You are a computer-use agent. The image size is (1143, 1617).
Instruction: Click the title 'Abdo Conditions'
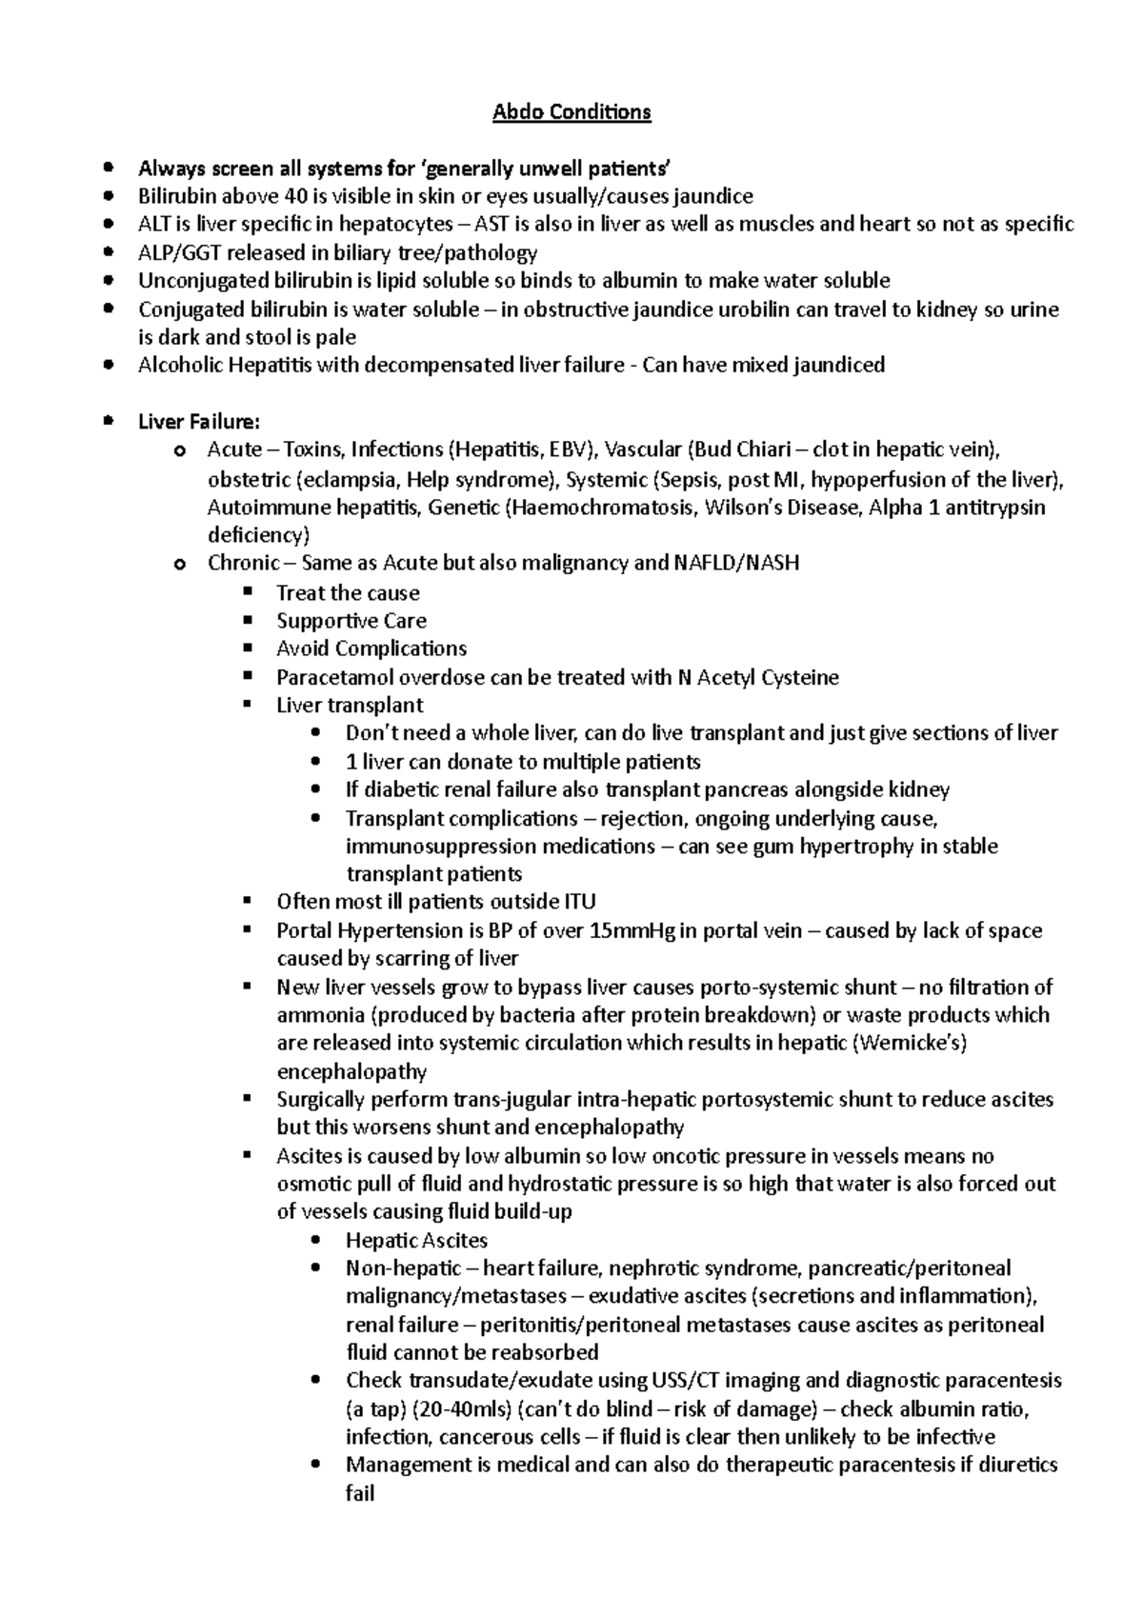(x=571, y=112)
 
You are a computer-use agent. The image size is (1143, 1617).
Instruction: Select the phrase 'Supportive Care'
(x=351, y=621)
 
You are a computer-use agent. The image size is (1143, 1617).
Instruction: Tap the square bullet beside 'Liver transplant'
(x=249, y=705)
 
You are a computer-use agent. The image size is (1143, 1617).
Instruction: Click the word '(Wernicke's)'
(x=912, y=1044)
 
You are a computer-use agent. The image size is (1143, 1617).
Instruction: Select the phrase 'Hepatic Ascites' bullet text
(x=416, y=1241)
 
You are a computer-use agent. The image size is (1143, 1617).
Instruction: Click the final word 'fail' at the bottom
(x=360, y=1494)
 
